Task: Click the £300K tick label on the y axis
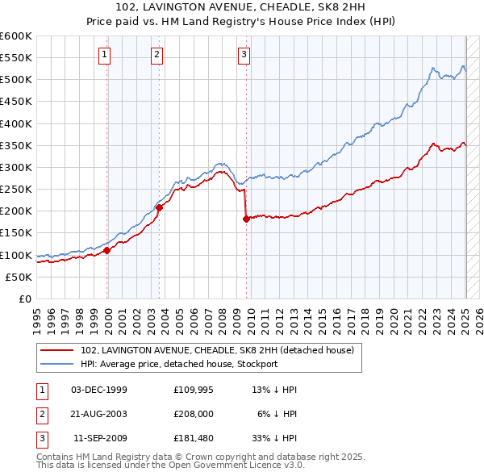point(15,167)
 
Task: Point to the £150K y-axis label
point(15,233)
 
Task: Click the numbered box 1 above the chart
point(106,55)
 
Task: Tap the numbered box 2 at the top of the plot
point(156,55)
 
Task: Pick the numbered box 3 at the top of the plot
point(244,55)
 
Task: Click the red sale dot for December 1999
point(107,250)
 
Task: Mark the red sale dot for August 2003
point(160,207)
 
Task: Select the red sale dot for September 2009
point(246,219)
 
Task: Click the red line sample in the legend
point(57,351)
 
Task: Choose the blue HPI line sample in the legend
point(57,364)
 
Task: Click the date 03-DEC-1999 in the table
point(99,390)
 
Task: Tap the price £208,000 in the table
point(194,415)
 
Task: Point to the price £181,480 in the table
point(194,440)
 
